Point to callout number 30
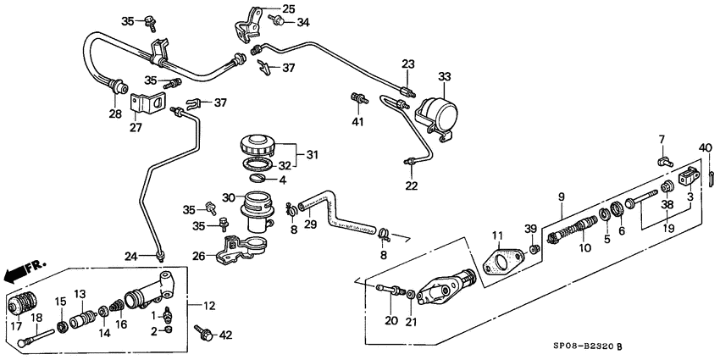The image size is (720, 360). click(x=227, y=198)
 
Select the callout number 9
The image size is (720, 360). click(x=560, y=198)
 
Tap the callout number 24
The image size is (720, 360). click(x=130, y=258)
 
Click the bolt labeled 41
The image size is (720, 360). click(x=358, y=99)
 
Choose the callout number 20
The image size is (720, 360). click(x=390, y=320)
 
